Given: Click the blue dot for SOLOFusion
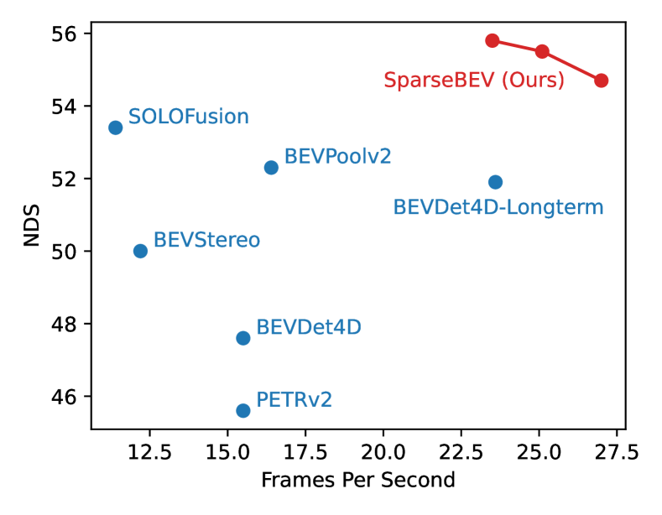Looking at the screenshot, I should (116, 127).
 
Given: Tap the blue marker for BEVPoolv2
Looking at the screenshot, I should (271, 168).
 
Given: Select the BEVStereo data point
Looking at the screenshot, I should (140, 251).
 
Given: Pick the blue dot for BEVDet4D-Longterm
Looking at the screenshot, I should (495, 182).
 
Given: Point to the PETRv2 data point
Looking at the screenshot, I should (243, 410).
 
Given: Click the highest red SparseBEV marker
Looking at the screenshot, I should (493, 41).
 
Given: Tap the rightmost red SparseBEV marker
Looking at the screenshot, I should (601, 81).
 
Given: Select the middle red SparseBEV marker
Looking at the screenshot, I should (542, 52).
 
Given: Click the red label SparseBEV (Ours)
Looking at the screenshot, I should (474, 81).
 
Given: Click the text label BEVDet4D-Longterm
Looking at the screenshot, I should (498, 207).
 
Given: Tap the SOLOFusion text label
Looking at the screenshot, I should (189, 117).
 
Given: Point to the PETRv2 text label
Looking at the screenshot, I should (294, 399).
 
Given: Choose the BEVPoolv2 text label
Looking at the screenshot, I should (337, 156).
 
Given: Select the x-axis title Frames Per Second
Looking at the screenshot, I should (358, 481).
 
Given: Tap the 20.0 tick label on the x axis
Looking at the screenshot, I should (383, 453).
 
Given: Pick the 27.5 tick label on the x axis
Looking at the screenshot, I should (617, 453).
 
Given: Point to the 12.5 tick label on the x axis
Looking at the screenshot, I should (150, 453).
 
